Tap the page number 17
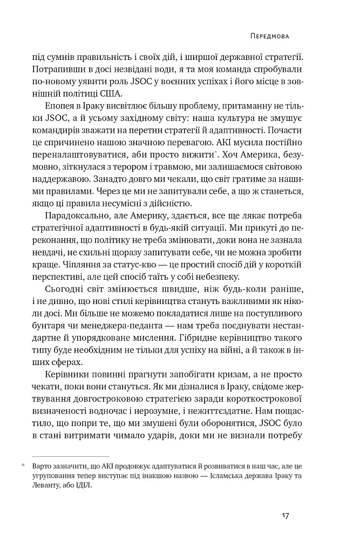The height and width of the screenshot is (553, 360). tap(286, 516)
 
